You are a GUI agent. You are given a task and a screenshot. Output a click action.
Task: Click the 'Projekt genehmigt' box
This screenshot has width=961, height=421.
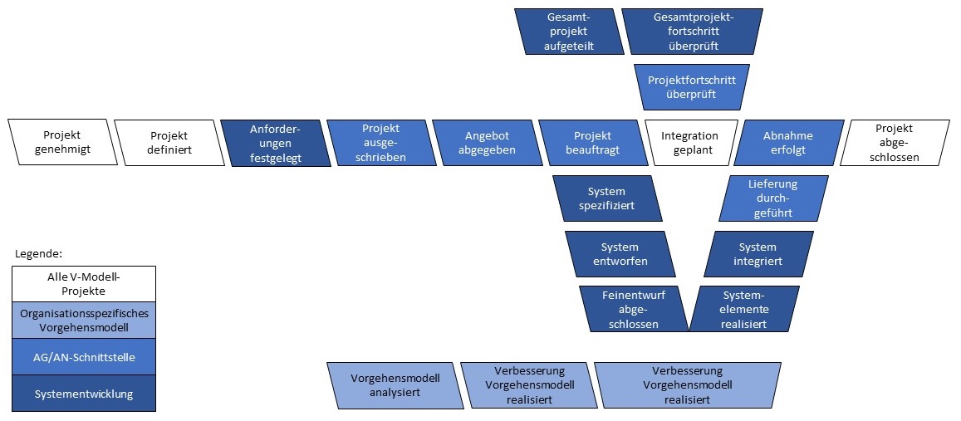tap(66, 143)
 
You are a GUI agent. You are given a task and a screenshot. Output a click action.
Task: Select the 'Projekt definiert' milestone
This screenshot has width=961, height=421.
tap(169, 143)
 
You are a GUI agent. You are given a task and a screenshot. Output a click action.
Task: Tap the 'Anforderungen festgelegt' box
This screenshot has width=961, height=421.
tap(275, 143)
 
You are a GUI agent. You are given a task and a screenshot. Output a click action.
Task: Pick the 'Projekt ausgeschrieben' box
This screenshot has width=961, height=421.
tap(381, 143)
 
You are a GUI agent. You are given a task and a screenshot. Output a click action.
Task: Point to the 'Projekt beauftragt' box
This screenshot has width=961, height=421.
tap(592, 143)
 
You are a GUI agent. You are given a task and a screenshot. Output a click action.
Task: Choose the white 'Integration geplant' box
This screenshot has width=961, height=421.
tap(689, 143)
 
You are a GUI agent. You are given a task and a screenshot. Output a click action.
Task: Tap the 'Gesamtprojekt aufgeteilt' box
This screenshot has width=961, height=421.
tap(569, 31)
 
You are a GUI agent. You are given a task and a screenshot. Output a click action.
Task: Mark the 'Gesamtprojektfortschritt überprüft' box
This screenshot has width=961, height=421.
tap(693, 31)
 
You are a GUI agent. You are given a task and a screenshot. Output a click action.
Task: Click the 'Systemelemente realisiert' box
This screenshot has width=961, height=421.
tap(744, 309)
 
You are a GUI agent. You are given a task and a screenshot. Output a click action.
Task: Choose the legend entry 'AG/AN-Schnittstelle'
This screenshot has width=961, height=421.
tap(83, 357)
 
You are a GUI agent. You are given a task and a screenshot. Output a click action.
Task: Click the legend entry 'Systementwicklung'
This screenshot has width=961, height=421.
tap(83, 394)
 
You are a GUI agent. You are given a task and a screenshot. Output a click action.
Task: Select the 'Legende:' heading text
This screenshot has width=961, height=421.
tap(39, 253)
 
